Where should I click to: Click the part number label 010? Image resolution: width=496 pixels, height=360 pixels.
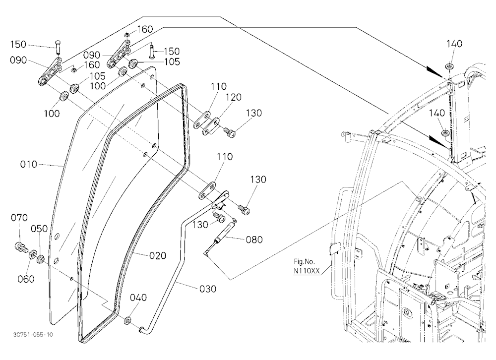coord(28,165)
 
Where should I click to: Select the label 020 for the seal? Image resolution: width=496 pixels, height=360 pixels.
coord(158,255)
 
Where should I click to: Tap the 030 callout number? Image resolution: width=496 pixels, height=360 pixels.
coord(208,289)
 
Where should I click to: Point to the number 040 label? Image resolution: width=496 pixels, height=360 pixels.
coord(138,298)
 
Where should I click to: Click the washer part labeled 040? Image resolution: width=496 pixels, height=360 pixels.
coord(128,320)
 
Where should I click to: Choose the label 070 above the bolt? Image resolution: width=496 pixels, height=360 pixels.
coord(19,218)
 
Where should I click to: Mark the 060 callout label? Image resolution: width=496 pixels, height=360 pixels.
coord(26,279)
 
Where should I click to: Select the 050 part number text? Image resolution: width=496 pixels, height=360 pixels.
coord(39,229)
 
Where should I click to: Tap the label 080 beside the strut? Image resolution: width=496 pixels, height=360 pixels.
coord(254,240)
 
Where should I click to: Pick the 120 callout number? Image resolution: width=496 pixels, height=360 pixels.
coord(234,97)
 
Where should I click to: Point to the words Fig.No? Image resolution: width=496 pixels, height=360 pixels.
coord(305,262)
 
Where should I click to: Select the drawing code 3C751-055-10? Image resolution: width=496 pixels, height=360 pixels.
coord(33,335)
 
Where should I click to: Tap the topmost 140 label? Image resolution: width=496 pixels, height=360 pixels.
coord(454,44)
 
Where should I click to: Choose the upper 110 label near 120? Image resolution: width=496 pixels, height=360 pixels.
coord(219,86)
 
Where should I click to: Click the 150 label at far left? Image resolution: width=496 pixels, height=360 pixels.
coord(18,44)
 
